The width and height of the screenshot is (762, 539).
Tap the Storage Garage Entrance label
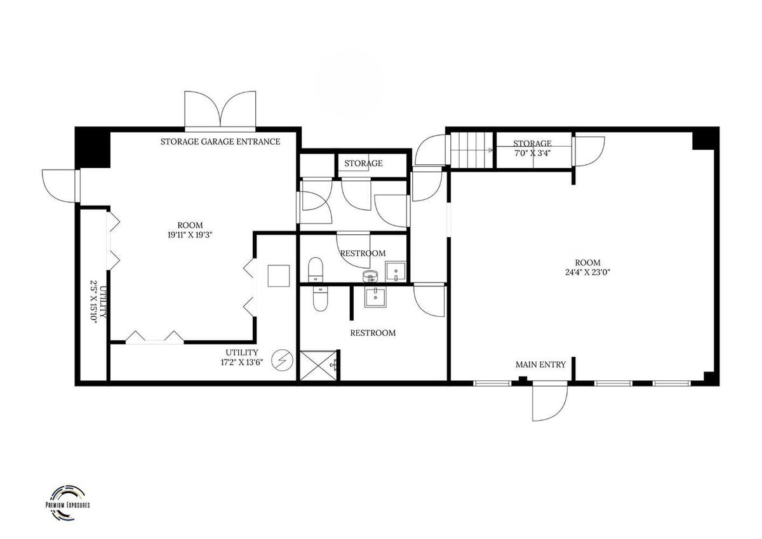point(220,142)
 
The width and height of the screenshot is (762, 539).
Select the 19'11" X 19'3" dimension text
point(190,235)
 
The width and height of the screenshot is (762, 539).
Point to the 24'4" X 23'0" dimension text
point(587,272)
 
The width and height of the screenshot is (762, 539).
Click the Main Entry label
point(540,364)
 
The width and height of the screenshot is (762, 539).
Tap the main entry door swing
point(550,401)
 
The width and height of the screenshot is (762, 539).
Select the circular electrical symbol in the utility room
point(283,360)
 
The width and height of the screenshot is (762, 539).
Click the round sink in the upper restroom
point(370,276)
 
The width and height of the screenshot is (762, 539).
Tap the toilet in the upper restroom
point(316,270)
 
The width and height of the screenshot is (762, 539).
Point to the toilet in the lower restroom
point(320,298)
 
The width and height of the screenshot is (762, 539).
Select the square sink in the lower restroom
point(375,297)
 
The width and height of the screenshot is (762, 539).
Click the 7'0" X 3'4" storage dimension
point(532,153)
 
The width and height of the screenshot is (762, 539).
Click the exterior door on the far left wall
point(61,186)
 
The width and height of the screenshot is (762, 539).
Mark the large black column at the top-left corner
point(93,147)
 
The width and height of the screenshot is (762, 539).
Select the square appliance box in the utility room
point(279,276)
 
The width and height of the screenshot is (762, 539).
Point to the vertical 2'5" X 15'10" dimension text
point(98,302)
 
